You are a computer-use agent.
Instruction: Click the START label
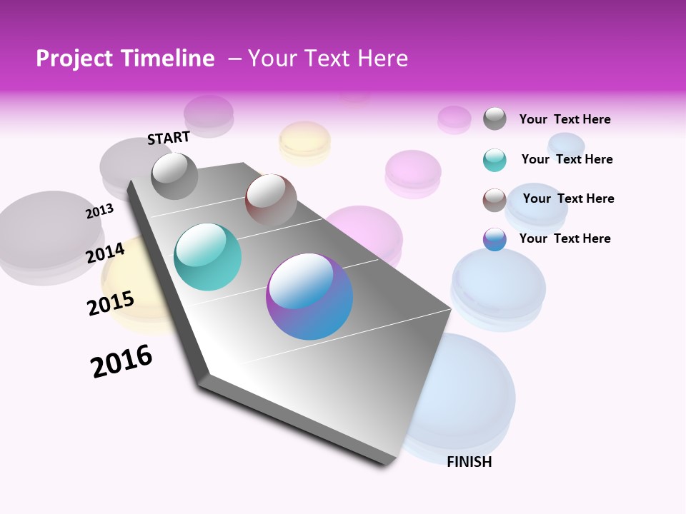click(169, 138)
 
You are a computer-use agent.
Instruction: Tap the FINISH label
click(469, 462)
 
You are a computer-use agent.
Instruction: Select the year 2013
click(100, 211)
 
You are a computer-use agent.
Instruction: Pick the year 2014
click(106, 252)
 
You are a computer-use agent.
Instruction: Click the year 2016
click(122, 361)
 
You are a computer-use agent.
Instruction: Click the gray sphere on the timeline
click(175, 176)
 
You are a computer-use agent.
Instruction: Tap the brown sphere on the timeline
click(271, 199)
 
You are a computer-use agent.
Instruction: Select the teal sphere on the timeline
click(208, 257)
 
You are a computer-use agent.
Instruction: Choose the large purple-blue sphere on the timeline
click(309, 296)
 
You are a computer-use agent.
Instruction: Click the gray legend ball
click(494, 119)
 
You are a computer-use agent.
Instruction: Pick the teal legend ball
click(494, 160)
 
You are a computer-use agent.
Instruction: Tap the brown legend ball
click(494, 200)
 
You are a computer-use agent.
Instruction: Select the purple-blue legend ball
click(494, 239)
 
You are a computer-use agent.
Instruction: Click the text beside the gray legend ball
click(565, 119)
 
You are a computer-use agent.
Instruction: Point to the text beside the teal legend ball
click(567, 159)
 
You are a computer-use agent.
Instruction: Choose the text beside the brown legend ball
click(568, 198)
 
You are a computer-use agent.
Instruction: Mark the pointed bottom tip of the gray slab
click(389, 464)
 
